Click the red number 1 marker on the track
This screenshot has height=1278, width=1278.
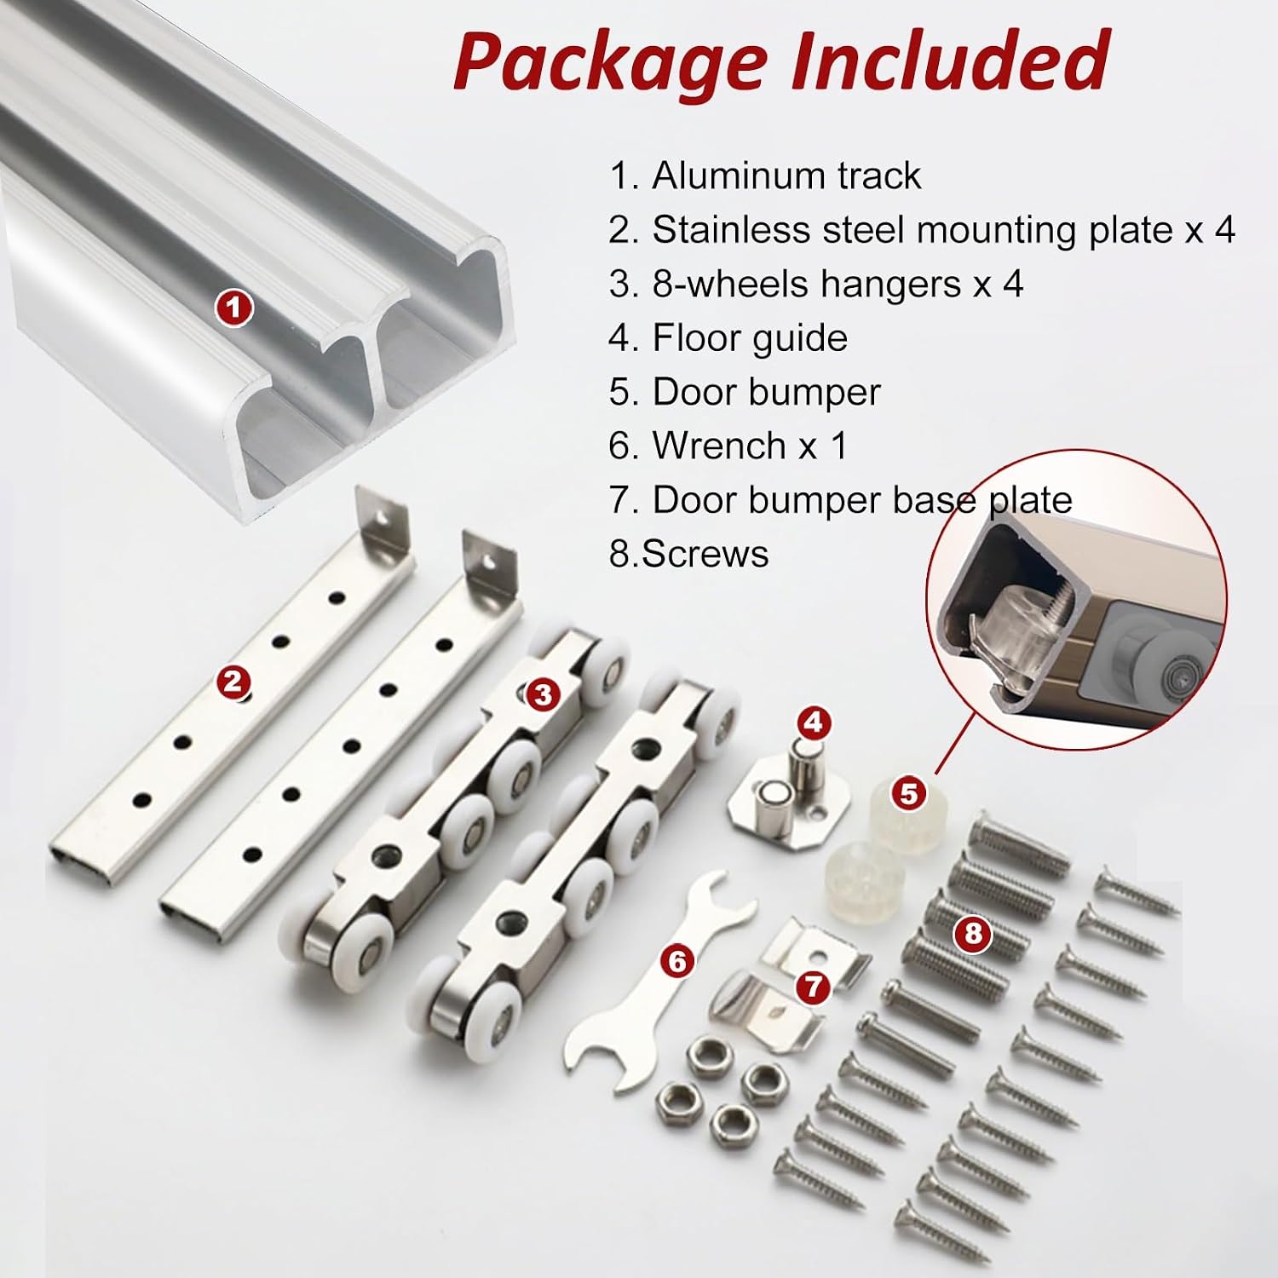click(x=234, y=307)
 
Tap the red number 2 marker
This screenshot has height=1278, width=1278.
click(x=234, y=682)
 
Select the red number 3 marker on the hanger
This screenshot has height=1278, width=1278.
click(x=543, y=695)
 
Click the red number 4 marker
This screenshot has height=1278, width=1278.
click(x=813, y=722)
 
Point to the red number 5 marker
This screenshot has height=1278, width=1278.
click(x=909, y=793)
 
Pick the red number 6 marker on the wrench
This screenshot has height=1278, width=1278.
click(x=677, y=962)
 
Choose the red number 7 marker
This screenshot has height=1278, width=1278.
click(x=813, y=987)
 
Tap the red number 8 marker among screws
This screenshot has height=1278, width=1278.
click(x=972, y=934)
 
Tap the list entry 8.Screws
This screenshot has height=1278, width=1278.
click(x=688, y=554)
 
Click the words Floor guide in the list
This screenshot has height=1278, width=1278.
click(x=750, y=339)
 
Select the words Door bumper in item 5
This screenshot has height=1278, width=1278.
click(x=766, y=393)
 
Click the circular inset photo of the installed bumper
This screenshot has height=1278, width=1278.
click(x=1077, y=600)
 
